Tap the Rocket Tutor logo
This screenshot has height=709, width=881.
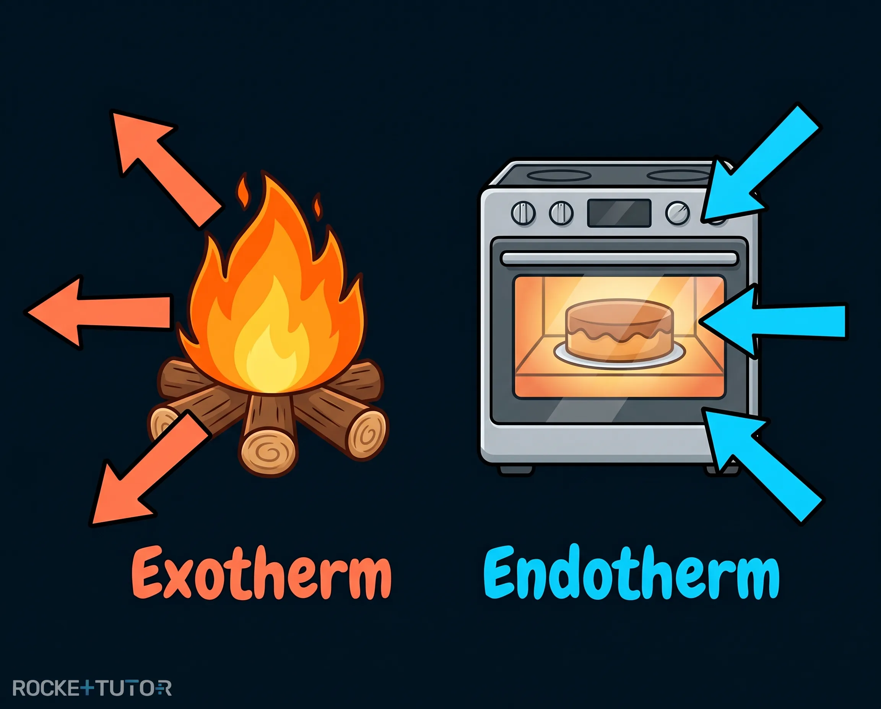click(92, 688)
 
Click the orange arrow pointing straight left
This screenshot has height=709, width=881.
click(98, 312)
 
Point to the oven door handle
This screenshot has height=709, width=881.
click(620, 259)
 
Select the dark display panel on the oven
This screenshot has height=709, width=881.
click(619, 213)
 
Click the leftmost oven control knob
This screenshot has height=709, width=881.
click(523, 213)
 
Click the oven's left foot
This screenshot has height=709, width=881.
click(517, 469)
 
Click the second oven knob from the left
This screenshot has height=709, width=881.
click(561, 213)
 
